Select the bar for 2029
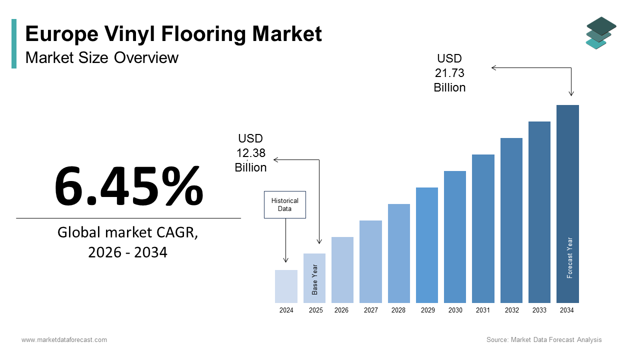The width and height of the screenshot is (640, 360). [426, 245]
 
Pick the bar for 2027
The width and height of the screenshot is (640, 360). [370, 261]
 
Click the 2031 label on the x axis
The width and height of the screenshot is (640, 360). [482, 310]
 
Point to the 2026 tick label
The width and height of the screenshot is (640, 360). [341, 310]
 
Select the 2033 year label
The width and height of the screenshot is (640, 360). [539, 310]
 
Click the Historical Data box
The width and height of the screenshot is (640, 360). [284, 204]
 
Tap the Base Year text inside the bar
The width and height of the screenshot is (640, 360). [315, 279]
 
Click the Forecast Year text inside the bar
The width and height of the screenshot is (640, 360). [569, 257]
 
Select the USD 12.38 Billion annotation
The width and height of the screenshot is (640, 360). [250, 153]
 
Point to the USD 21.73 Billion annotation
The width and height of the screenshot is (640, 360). [449, 73]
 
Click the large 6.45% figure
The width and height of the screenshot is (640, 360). [128, 186]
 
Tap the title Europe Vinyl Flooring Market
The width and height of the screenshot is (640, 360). [173, 34]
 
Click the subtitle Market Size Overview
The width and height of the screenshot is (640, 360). [101, 57]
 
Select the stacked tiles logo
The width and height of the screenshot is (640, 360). [601, 33]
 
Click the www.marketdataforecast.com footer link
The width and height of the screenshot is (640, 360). [64, 340]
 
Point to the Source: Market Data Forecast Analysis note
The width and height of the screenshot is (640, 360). [544, 340]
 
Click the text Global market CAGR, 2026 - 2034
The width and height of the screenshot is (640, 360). [128, 242]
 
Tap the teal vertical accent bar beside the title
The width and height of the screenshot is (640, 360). [14, 43]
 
